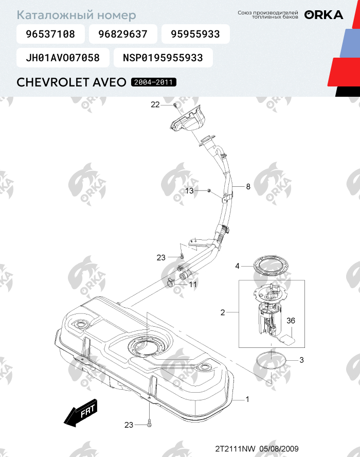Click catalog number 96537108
point(50,34)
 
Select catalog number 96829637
point(123,34)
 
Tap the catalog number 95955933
point(195,34)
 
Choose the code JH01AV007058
point(63,58)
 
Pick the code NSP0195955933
point(163,58)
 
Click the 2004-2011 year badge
point(153,82)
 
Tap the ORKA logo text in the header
point(323,15)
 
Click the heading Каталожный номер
point(76,15)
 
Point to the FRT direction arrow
point(80,413)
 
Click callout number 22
point(155,104)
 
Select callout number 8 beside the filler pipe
point(248,186)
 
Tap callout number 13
point(189,190)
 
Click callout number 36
point(291,321)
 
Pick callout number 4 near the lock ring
point(238,266)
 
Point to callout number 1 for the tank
point(247,399)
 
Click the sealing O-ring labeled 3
point(270,361)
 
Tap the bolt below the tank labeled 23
point(150,423)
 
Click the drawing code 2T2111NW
point(236,449)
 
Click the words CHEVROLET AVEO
point(71,82)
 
